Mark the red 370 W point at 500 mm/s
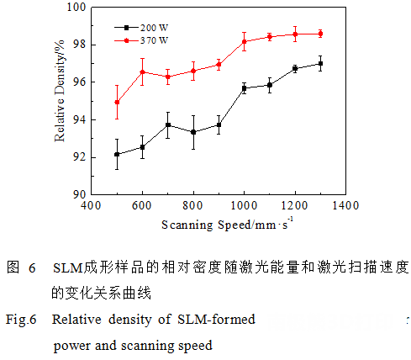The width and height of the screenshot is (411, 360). tap(117, 103)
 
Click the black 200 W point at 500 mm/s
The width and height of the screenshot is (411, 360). tap(117, 154)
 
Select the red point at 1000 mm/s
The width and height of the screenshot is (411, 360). tap(244, 41)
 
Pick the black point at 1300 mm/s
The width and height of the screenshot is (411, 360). tap(320, 63)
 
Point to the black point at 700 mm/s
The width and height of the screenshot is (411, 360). tap(168, 124)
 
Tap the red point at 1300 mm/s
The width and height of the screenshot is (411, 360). tap(320, 34)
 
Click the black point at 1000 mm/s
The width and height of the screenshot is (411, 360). tap(244, 87)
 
